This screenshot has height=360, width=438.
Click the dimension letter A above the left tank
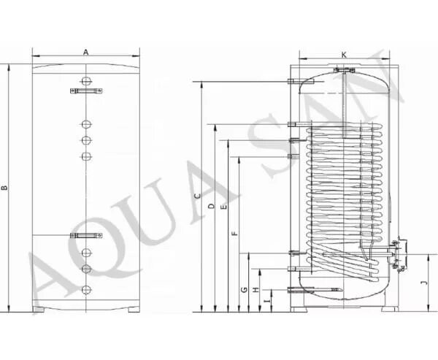click(85, 52)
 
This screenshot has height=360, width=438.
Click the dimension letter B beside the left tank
click(6, 188)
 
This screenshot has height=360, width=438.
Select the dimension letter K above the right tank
click(343, 55)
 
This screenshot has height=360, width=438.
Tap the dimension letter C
click(196, 196)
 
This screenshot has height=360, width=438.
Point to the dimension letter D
click(210, 207)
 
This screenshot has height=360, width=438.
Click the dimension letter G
click(243, 290)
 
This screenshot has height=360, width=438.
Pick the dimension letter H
click(255, 290)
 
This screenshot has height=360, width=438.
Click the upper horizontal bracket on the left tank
click(85, 91)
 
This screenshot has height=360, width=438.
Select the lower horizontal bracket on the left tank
click(85, 235)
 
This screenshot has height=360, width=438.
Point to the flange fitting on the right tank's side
click(396, 254)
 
